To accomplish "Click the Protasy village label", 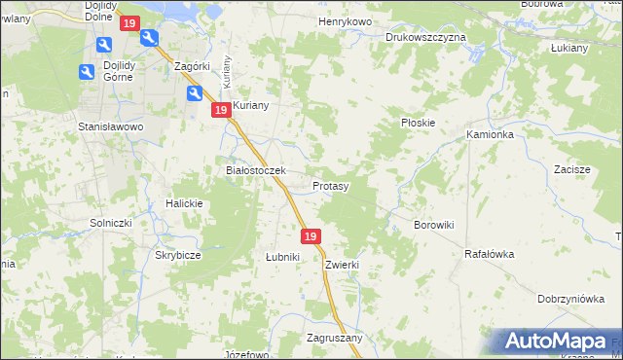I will [x=331, y=185].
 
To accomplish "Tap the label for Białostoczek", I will [x=255, y=170].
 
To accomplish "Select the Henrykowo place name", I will [x=345, y=20].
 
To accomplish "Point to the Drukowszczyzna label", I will [x=425, y=37].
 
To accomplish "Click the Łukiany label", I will [x=569, y=47].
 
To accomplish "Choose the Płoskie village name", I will [x=419, y=123].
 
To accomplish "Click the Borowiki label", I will [x=434, y=225].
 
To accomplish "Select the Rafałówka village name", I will [x=489, y=254].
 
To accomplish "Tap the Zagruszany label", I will [x=334, y=338].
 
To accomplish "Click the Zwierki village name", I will [x=343, y=264].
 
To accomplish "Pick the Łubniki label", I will [x=282, y=257].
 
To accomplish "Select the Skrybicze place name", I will [x=178, y=255].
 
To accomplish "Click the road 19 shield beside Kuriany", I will [x=221, y=111].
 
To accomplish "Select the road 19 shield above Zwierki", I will [x=311, y=236].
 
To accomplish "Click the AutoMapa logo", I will [x=557, y=342].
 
